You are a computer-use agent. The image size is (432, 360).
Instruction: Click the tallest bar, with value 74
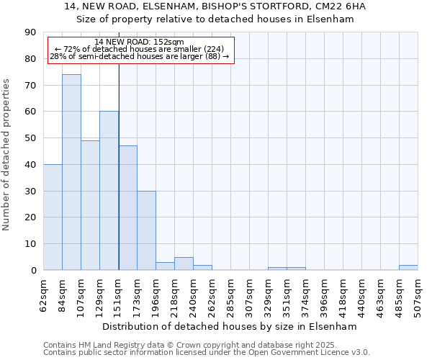71,172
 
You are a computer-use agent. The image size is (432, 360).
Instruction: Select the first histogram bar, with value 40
53,217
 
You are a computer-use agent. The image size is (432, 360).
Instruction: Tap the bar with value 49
90,205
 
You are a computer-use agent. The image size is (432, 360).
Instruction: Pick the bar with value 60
109,191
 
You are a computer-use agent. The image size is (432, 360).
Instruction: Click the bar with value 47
127,208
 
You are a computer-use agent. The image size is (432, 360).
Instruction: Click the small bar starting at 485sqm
408,268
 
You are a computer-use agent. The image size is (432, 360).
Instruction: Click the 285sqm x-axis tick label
212,294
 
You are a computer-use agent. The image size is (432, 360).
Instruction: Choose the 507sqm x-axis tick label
418,294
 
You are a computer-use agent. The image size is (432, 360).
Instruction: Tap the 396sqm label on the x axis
305,294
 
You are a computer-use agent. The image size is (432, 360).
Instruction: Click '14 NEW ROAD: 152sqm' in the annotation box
140,42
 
